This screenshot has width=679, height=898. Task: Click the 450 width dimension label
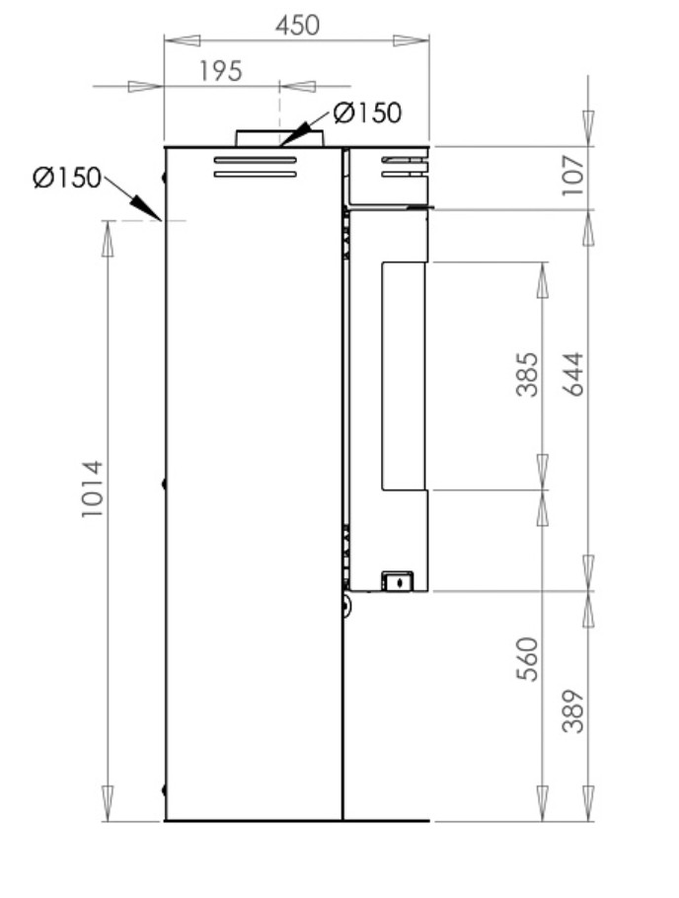coord(297,26)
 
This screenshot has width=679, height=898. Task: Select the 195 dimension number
coord(221,72)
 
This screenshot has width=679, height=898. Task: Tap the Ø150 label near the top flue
coord(367,112)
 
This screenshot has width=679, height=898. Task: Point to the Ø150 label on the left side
coord(67,178)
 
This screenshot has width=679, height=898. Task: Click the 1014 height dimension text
coord(92,488)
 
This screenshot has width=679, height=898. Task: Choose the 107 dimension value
coord(573,175)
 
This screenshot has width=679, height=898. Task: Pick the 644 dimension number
coord(573,374)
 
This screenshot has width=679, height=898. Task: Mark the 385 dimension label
coord(527,375)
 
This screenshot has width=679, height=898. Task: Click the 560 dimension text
coord(527,658)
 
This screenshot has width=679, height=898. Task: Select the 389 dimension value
coord(573,711)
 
